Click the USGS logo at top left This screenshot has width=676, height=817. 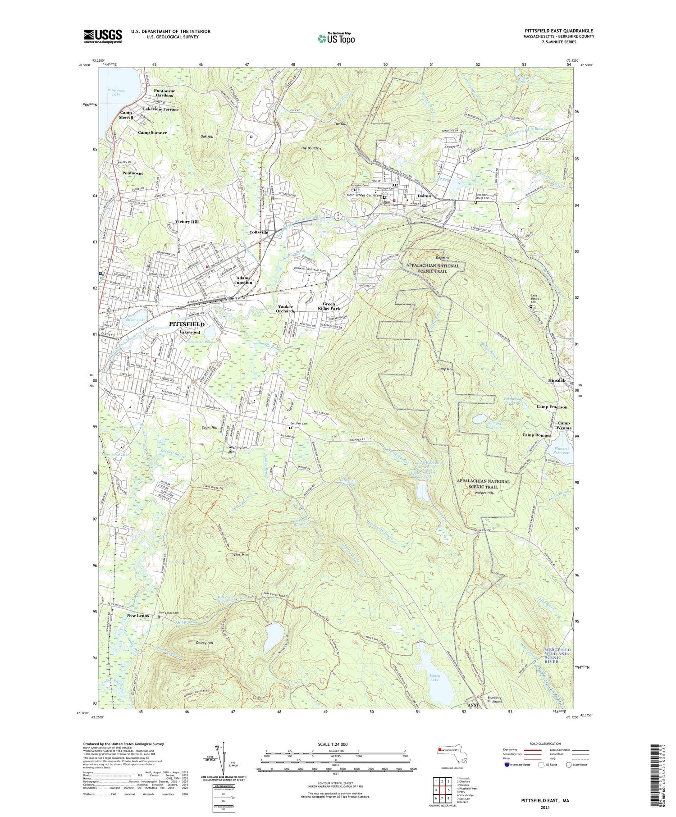click(x=103, y=36)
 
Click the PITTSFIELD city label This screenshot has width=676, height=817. click(x=187, y=324)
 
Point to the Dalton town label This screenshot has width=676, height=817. click(x=424, y=196)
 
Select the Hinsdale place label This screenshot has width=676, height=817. click(x=557, y=380)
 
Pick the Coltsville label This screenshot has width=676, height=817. click(x=259, y=232)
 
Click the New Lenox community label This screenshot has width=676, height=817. click(x=138, y=616)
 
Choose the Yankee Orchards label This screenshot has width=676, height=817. click(x=285, y=309)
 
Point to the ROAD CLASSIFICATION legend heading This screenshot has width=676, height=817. click(x=541, y=744)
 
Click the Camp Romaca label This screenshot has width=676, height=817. click(x=537, y=435)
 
